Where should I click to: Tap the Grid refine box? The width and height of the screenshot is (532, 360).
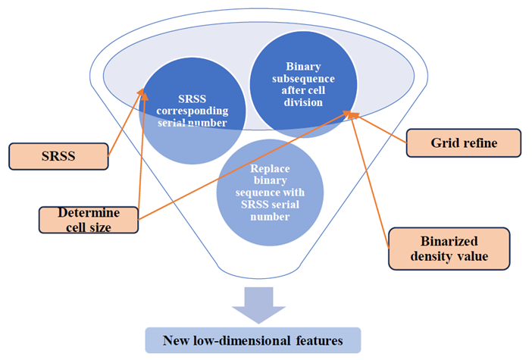point(463,142)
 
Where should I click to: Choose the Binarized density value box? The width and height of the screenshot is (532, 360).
point(449,248)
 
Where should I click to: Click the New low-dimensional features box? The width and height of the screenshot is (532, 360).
point(254,341)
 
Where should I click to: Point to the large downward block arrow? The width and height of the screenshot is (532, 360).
point(258,305)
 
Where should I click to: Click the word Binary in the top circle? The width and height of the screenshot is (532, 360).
point(303,66)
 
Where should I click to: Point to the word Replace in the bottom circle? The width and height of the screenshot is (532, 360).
point(270,168)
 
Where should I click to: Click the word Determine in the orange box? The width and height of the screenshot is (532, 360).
point(80,212)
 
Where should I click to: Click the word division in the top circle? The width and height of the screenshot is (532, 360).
point(302,102)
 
